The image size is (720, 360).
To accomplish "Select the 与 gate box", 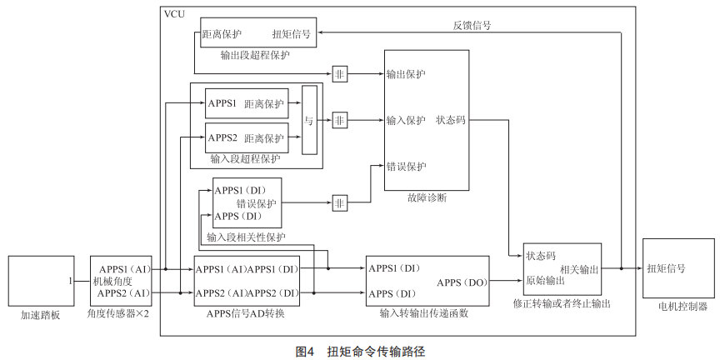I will pyautogui.click(x=309, y=120).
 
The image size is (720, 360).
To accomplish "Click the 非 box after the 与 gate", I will pyautogui.click(x=339, y=120).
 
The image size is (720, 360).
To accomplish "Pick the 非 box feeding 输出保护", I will pyautogui.click(x=339, y=73).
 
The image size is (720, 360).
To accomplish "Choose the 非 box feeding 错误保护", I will pyautogui.click(x=339, y=202).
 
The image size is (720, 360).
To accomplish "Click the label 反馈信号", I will pyautogui.click(x=472, y=25).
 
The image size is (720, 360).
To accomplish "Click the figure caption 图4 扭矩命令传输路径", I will pyautogui.click(x=360, y=351).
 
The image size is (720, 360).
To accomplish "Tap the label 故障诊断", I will pyautogui.click(x=427, y=197).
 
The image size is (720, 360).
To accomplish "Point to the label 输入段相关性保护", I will pyautogui.click(x=246, y=237).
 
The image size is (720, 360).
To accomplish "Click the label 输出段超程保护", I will pyautogui.click(x=255, y=55).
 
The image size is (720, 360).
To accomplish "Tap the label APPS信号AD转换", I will pyautogui.click(x=245, y=313).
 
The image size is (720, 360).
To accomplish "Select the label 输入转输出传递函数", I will pyautogui.click(x=423, y=313).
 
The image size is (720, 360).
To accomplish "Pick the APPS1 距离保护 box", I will pyautogui.click(x=247, y=103).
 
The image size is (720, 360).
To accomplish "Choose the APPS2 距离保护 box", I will pyautogui.click(x=247, y=137).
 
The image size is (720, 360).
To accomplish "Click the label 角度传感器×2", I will pyautogui.click(x=117, y=313).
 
